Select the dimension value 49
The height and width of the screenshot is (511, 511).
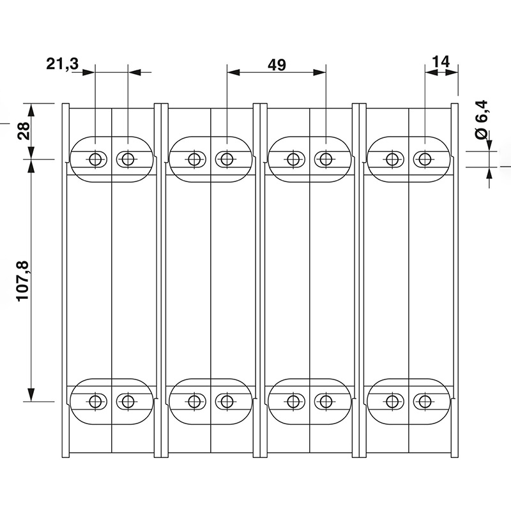pyautogui.click(x=277, y=65)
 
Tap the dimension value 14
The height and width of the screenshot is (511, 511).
pyautogui.click(x=441, y=61)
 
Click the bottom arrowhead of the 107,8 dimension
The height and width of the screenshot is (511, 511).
pyautogui.click(x=29, y=396)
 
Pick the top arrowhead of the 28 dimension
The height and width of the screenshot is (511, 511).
pyautogui.click(x=29, y=108)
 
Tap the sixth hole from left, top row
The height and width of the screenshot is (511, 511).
pyautogui.click(x=324, y=158)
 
